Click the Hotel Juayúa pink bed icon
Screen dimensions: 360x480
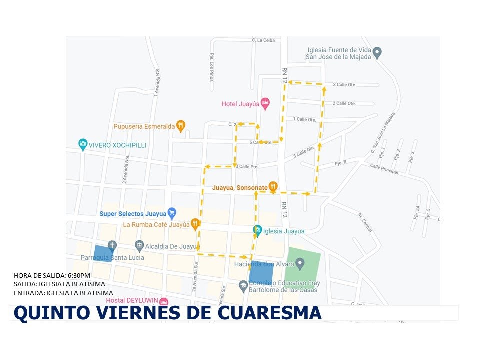266,104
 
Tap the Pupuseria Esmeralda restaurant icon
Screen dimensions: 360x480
181,126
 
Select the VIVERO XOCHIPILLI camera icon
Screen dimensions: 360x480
83,145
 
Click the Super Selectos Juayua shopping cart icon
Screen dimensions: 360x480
172,213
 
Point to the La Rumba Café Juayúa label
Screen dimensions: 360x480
156,225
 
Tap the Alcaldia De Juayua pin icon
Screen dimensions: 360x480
139,245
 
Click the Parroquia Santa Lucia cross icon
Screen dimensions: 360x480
112,245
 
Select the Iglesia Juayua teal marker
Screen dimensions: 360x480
257,231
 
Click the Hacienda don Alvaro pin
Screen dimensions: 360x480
300,263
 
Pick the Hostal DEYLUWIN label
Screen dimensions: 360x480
132,301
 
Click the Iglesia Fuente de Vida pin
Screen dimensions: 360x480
377,52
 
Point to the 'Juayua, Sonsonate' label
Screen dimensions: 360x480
240,188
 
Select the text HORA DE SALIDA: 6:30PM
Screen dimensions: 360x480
52,275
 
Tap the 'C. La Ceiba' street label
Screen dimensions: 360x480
263,40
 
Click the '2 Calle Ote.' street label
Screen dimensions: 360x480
344,103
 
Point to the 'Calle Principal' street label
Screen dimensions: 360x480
384,169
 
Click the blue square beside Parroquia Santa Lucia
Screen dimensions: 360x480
102,253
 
